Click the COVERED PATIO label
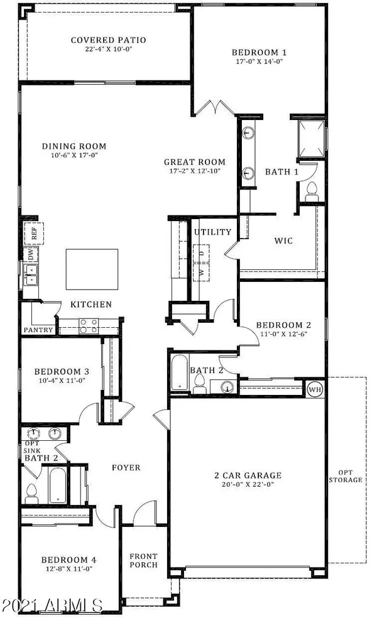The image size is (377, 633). click(x=108, y=40)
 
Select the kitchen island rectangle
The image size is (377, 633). click(x=92, y=268)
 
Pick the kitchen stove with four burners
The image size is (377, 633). click(x=88, y=325)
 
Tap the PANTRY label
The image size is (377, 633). click(x=37, y=330)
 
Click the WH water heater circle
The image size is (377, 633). click(x=314, y=389)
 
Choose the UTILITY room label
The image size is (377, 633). click(x=212, y=232)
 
